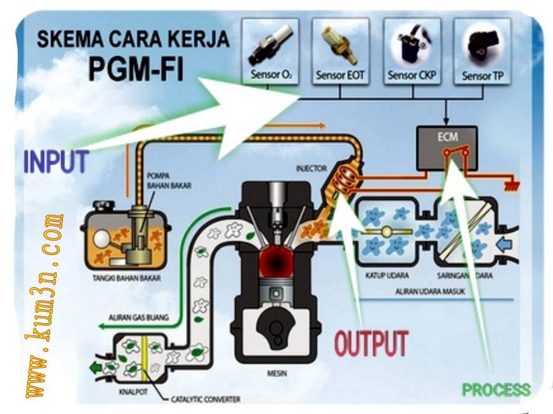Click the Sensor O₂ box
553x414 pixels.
coord(271,51)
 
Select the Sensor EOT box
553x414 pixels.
coord(341,51)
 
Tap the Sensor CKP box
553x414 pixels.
coord(412,51)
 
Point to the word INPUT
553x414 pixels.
coord(55,162)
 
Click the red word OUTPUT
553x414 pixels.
coord(370,343)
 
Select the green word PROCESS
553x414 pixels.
coord(495,389)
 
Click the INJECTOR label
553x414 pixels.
coord(311,169)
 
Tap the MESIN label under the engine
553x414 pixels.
coord(277,373)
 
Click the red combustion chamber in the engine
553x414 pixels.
coord(276,262)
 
